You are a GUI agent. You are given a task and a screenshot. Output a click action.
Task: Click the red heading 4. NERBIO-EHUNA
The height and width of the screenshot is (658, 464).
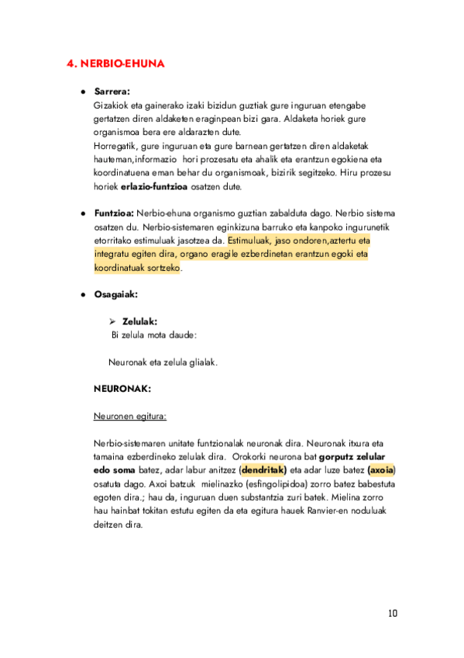pyautogui.click(x=115, y=64)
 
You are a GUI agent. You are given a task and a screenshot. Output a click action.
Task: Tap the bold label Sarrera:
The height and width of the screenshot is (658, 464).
pyautogui.click(x=112, y=92)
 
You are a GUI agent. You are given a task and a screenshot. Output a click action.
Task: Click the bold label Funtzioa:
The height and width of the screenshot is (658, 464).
pyautogui.click(x=114, y=213)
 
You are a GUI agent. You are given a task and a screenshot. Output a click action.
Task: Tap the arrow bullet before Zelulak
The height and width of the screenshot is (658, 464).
pyautogui.click(x=112, y=320)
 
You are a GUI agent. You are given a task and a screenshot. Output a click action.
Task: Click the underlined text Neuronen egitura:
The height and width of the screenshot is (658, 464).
pyautogui.click(x=129, y=415)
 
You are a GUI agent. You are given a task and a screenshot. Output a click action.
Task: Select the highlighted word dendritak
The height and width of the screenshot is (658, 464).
pyautogui.click(x=263, y=469)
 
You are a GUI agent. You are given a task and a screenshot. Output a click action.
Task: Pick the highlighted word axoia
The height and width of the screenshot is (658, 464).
pyautogui.click(x=381, y=469)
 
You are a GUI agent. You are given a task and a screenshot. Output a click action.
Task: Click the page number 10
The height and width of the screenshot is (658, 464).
pyautogui.click(x=393, y=614)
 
